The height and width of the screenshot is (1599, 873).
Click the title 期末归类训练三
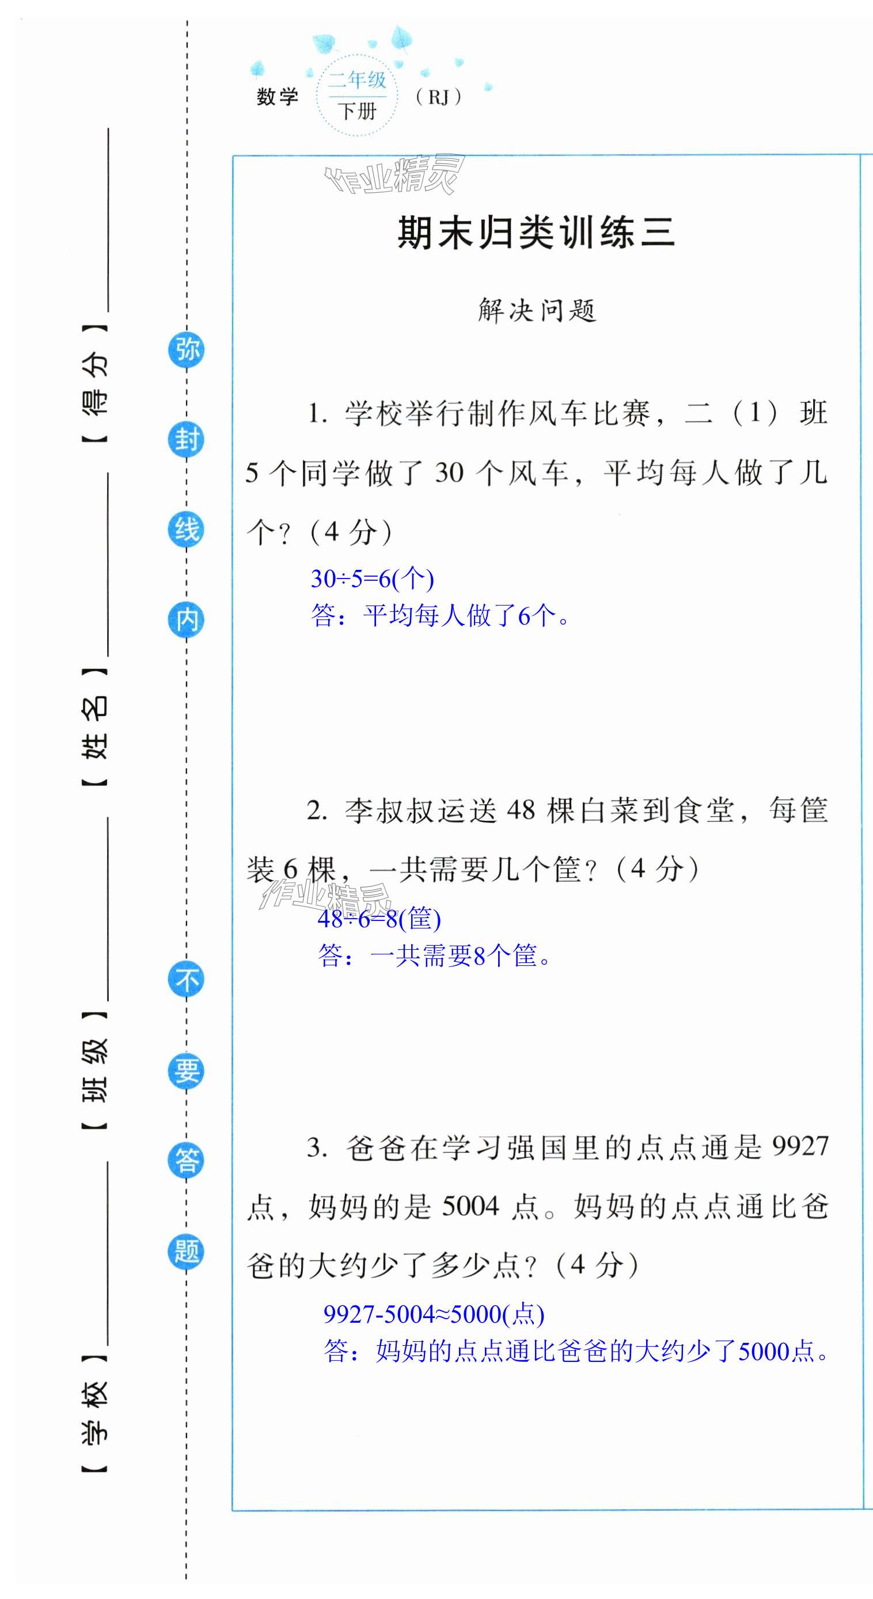[536, 233]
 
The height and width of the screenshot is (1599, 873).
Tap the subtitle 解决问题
[537, 310]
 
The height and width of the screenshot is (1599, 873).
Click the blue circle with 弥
[186, 349]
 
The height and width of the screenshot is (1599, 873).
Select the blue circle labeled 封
[186, 440]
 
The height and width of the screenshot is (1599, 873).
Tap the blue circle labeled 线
[186, 530]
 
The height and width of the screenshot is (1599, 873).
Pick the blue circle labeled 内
[186, 619]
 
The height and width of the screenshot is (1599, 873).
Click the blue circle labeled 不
[186, 980]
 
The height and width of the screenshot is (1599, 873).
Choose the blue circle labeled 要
[186, 1070]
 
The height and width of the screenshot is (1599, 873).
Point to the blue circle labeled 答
[186, 1160]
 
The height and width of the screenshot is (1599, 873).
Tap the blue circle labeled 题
[186, 1251]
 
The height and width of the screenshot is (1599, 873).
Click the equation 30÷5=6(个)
[372, 579]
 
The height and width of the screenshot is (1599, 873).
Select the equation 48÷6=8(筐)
[379, 919]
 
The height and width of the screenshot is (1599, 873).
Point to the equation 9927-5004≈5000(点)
[434, 1315]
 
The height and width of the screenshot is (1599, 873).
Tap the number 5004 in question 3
[470, 1206]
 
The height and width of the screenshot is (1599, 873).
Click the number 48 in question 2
[521, 810]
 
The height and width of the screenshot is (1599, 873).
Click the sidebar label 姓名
[95, 727]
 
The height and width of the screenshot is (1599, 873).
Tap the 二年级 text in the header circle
[357, 80]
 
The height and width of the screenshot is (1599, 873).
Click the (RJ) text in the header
[438, 97]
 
